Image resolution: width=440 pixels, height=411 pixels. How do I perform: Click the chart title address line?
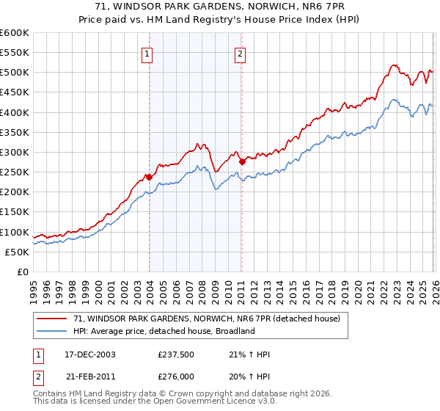coord(220,6)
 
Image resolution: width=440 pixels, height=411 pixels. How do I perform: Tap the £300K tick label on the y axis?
coord(14,152)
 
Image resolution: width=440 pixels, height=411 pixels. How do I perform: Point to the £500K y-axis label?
coord(14,73)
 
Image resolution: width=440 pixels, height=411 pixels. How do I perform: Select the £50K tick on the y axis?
coord(16,252)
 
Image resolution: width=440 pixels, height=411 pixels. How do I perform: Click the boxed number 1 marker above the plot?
coord(148,53)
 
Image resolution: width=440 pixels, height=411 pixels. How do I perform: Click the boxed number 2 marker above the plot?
coord(241,53)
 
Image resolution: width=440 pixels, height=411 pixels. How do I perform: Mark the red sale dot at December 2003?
coord(149,177)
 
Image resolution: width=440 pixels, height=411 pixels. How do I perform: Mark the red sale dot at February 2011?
coord(241,161)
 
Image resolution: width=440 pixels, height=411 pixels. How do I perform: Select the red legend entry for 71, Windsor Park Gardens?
coord(207,319)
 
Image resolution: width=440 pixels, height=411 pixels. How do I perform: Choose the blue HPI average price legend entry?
coord(164,331)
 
